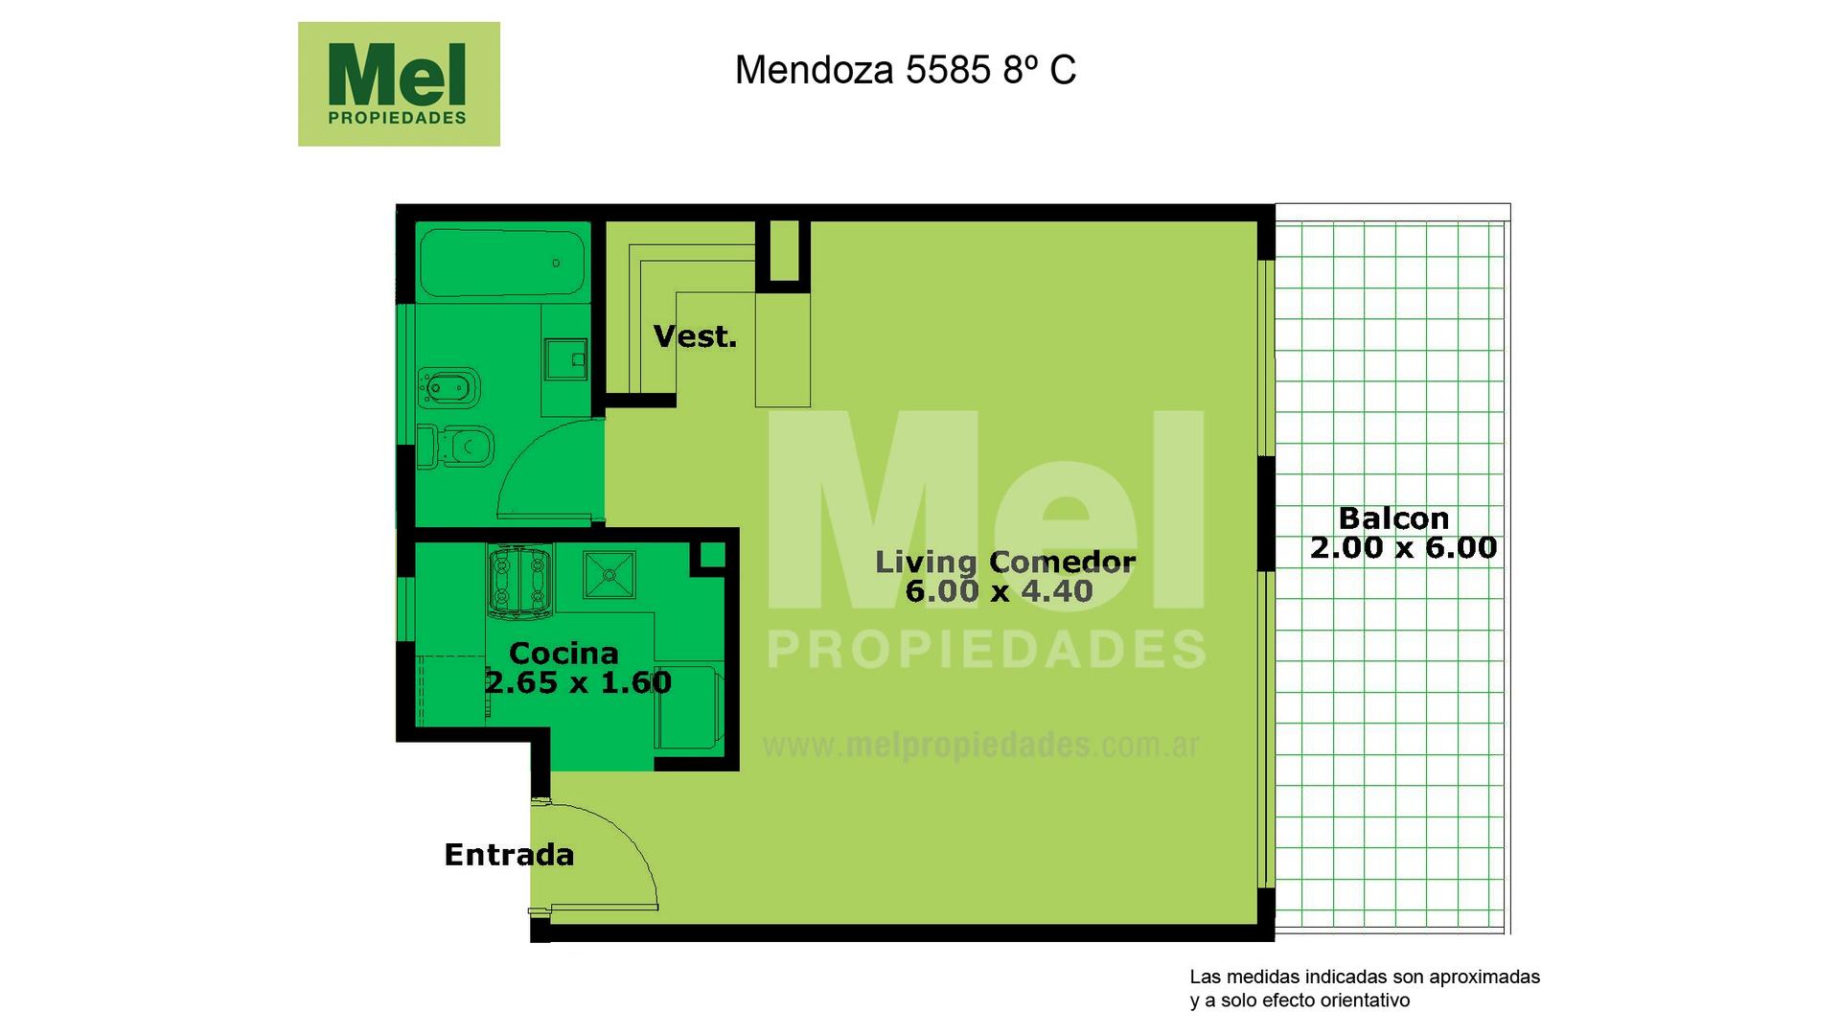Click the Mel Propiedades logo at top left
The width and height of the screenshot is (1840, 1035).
pyautogui.click(x=399, y=84)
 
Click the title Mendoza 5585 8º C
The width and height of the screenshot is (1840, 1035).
pyautogui.click(x=906, y=70)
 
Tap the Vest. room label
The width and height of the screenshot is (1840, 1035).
pyautogui.click(x=695, y=336)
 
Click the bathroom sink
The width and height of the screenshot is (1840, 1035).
pyautogui.click(x=564, y=359)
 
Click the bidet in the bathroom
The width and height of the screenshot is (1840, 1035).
pyautogui.click(x=448, y=388)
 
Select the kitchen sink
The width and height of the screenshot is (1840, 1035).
pyautogui.click(x=609, y=574)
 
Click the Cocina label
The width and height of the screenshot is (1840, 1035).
pyautogui.click(x=563, y=654)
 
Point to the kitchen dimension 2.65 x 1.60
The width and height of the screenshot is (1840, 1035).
pyautogui.click(x=578, y=682)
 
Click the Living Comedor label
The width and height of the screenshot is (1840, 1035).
pyautogui.click(x=1005, y=562)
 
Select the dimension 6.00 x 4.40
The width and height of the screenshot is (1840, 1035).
pyautogui.click(x=999, y=591)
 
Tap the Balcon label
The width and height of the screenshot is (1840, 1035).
pyautogui.click(x=1393, y=518)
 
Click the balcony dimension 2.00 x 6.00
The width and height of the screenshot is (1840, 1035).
pyautogui.click(x=1403, y=548)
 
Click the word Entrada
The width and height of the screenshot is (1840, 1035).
pyautogui.click(x=509, y=855)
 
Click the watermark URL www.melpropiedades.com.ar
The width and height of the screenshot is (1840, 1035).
pyautogui.click(x=980, y=746)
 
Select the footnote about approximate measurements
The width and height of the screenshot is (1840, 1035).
pyautogui.click(x=1365, y=989)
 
